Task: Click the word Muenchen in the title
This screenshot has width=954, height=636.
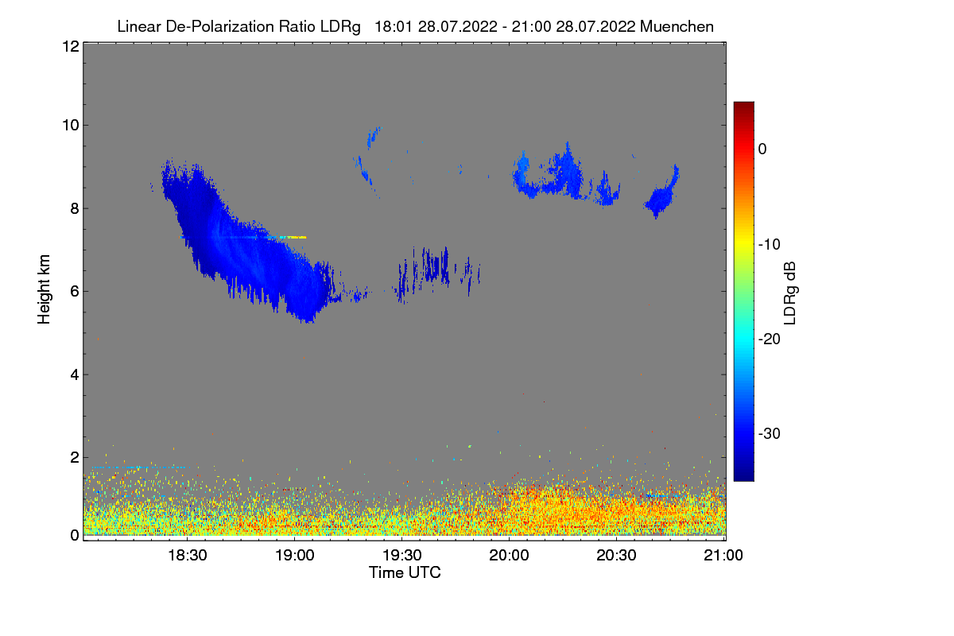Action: [x=677, y=26]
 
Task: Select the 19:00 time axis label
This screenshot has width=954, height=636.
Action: [x=295, y=556]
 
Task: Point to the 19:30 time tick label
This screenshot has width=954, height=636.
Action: [x=402, y=556]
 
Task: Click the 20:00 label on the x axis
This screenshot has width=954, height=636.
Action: [x=509, y=556]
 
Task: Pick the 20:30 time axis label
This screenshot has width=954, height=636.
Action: [x=617, y=556]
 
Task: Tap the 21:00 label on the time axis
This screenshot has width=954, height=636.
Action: [x=723, y=556]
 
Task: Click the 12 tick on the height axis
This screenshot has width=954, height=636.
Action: [x=69, y=47]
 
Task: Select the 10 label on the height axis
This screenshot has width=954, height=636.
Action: [x=69, y=125]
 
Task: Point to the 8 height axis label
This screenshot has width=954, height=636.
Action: [x=73, y=208]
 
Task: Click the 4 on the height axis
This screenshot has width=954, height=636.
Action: [x=73, y=374]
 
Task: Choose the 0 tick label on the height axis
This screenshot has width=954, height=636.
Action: [x=73, y=535]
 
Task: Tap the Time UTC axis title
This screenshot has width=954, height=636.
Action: [x=405, y=572]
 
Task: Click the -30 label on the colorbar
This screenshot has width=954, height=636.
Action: [x=772, y=434]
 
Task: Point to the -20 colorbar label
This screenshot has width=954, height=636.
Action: [x=772, y=339]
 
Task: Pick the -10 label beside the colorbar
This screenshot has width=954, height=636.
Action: [x=772, y=244]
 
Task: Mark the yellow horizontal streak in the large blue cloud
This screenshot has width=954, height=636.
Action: [x=290, y=237]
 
